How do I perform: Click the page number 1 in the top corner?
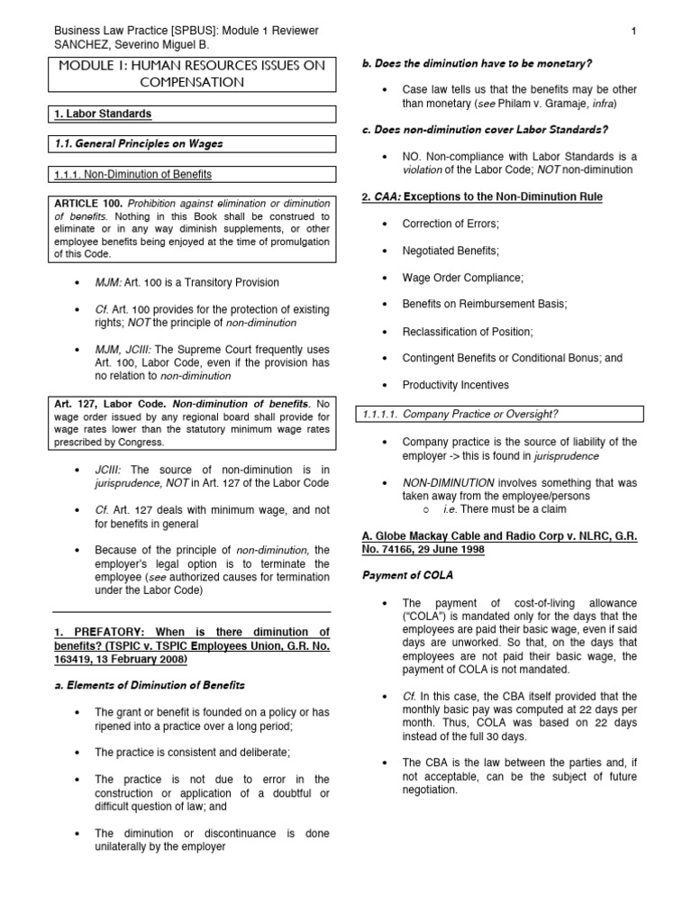(x=634, y=32)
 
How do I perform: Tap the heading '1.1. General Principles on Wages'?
(x=135, y=144)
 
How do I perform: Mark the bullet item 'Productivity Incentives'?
(x=455, y=385)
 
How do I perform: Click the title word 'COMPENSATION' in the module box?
(x=191, y=82)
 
